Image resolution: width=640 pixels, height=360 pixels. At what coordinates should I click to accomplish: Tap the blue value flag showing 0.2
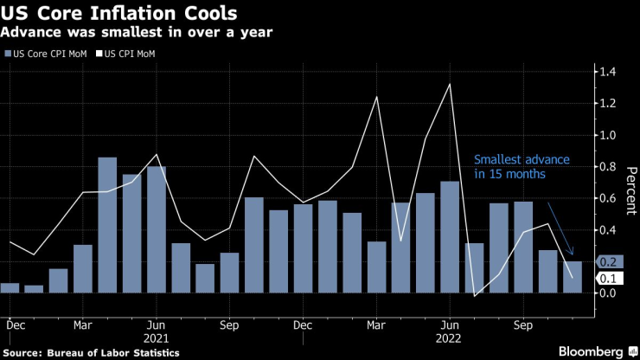click(x=608, y=261)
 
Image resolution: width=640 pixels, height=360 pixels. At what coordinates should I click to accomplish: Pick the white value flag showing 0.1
click(x=608, y=278)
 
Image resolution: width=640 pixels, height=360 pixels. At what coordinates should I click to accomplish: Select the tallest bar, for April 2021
click(x=107, y=225)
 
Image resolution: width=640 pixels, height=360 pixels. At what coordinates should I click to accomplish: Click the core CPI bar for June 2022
click(x=449, y=237)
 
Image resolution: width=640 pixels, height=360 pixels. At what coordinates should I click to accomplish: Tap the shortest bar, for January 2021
click(x=34, y=289)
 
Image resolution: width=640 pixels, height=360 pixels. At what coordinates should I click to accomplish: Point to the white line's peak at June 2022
click(x=450, y=84)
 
